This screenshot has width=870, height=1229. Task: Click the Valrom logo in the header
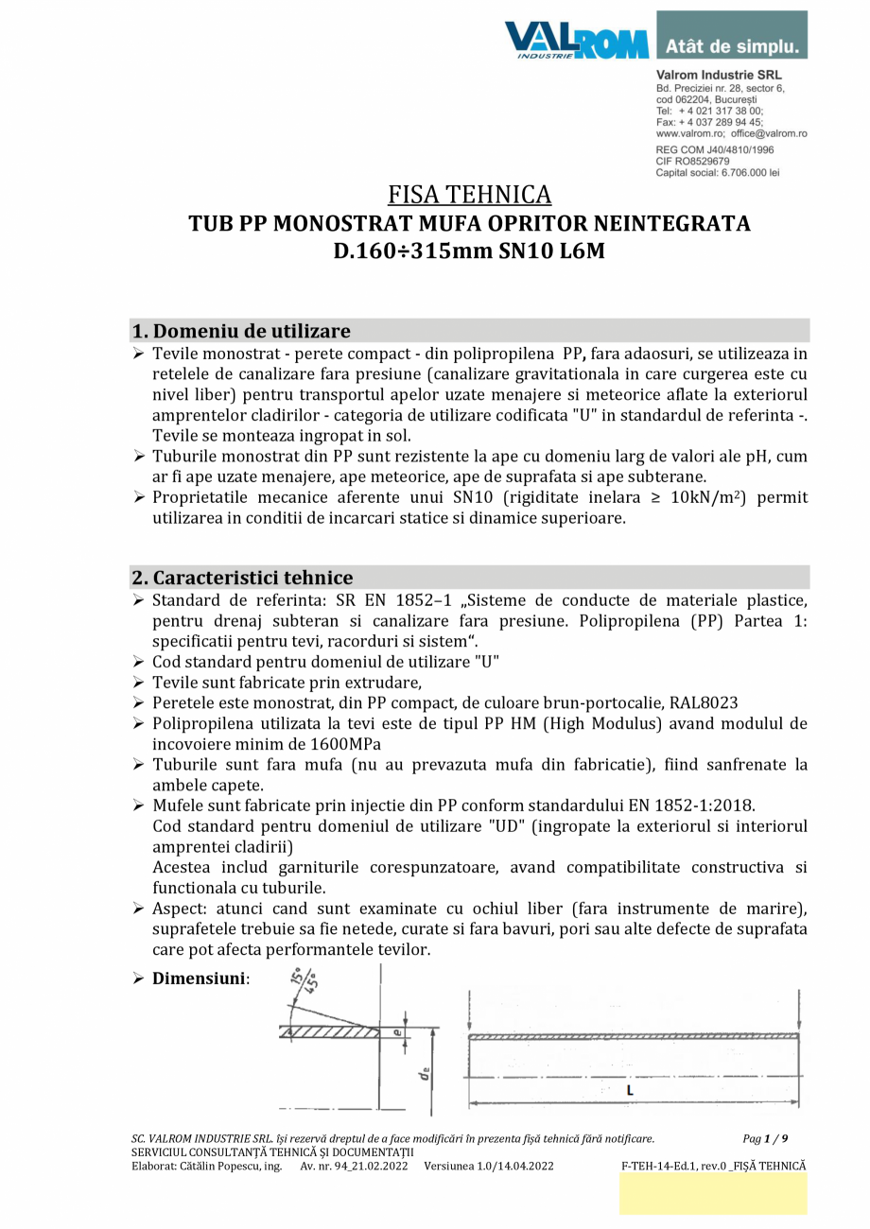pyautogui.click(x=576, y=40)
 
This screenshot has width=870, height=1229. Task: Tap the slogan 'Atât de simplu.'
pyautogui.click(x=732, y=45)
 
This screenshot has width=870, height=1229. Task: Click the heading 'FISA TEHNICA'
pyautogui.click(x=469, y=195)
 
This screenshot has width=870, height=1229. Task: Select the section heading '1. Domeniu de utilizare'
pyautogui.click(x=241, y=331)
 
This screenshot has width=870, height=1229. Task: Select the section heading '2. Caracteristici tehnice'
pyautogui.click(x=243, y=578)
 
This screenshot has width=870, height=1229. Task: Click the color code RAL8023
pyautogui.click(x=704, y=702)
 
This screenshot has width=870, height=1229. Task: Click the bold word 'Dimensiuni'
pyautogui.click(x=199, y=978)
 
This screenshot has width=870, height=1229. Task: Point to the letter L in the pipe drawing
pyautogui.click(x=631, y=1090)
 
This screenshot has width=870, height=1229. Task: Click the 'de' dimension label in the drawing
pyautogui.click(x=426, y=1071)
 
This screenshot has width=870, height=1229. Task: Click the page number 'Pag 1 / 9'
pyautogui.click(x=765, y=1138)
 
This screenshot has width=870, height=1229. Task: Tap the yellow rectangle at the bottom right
pyautogui.click(x=713, y=1194)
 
